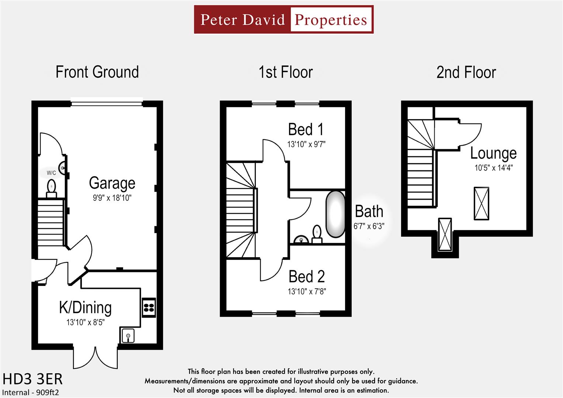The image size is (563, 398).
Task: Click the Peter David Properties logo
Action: click(x=284, y=20)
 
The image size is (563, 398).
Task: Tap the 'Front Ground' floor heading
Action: click(x=97, y=72)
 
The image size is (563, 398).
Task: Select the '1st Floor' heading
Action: click(x=285, y=72)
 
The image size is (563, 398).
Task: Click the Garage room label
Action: click(x=112, y=183)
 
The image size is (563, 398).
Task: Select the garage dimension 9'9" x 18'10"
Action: click(x=112, y=198)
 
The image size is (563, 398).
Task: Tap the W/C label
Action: click(x=51, y=173)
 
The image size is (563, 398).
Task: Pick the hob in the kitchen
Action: click(x=149, y=307)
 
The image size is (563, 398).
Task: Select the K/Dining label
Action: click(x=85, y=307)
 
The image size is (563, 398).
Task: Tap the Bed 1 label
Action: click(x=306, y=129)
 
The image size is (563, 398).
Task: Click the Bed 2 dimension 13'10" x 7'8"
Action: click(x=307, y=291)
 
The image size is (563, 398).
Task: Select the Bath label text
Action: click(x=369, y=212)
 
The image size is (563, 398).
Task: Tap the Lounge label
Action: click(x=493, y=153)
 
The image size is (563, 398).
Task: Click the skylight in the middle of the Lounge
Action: click(x=481, y=203)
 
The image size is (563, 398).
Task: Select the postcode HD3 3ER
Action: click(x=32, y=379)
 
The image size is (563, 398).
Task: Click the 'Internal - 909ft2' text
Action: click(x=31, y=392)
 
